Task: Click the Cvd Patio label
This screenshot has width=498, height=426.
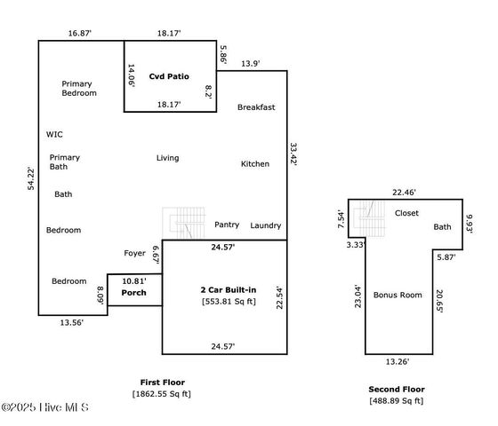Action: (x=168, y=76)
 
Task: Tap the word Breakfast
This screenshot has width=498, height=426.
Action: (x=256, y=107)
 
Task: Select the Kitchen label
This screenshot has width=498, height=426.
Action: (x=255, y=164)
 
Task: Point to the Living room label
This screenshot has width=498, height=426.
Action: (x=167, y=158)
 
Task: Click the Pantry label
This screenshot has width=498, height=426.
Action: (x=227, y=225)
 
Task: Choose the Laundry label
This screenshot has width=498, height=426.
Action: (x=266, y=225)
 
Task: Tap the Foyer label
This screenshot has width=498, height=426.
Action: (x=134, y=253)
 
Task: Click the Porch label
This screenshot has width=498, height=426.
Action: (x=133, y=292)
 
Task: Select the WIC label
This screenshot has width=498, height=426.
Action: (x=54, y=135)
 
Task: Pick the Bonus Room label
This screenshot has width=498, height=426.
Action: (x=398, y=295)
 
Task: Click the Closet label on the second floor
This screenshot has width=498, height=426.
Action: (x=406, y=213)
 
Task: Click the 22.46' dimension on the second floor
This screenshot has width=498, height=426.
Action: (x=406, y=192)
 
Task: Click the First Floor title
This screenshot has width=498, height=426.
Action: (x=161, y=381)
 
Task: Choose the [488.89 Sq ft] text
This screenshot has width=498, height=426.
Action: (x=398, y=401)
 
